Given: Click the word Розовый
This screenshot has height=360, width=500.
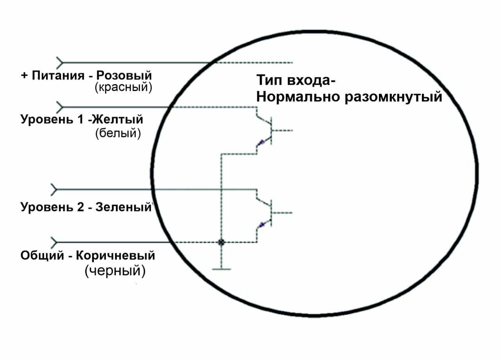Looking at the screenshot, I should coord(124,75).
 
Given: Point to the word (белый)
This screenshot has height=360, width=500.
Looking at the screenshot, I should coord(118,133).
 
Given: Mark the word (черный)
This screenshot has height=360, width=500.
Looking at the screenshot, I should coord(115,271).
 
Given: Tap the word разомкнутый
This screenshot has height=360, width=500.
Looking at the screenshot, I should coord(393,96).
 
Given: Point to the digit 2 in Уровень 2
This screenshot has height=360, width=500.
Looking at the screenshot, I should coord(80,207).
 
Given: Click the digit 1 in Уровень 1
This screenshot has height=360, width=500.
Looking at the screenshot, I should coord(80,119).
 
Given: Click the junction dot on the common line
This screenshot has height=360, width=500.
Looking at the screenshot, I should coord(221,242).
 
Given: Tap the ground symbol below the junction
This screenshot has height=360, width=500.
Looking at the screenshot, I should coord(221,269).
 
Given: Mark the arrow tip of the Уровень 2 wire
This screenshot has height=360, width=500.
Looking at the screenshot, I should coord(55,190).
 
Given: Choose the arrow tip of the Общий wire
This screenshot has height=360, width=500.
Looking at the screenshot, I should coord(55,242).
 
